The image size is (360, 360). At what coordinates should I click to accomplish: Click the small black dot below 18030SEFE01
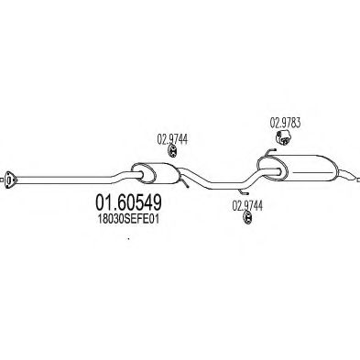pos(129,241)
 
